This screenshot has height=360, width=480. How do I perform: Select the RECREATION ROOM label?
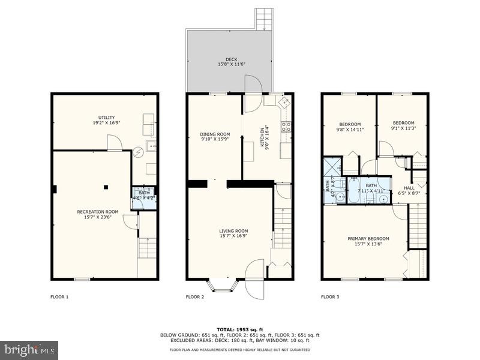point(97,214)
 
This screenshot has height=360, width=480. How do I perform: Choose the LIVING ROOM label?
point(233,234)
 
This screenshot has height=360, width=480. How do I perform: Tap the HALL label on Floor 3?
point(409,190)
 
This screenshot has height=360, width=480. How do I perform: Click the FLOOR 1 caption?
point(59,296)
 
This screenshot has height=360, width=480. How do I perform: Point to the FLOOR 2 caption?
point(195,296)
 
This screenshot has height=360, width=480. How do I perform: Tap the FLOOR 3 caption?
point(330,296)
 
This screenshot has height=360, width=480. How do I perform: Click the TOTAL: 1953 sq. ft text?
point(239,329)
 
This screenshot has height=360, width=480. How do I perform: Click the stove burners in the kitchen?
point(286,126)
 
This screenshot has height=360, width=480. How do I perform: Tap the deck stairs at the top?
point(264,19)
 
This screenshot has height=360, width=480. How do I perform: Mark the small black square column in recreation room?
point(106,187)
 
